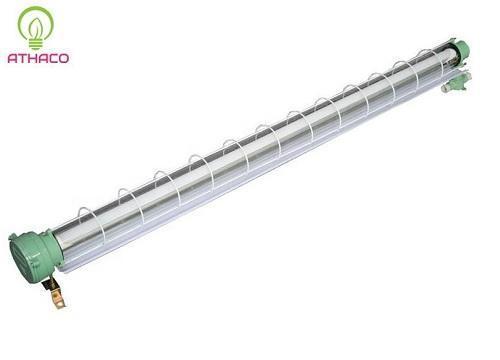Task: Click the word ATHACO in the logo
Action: (x=38, y=58)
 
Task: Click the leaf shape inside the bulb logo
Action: (x=36, y=28)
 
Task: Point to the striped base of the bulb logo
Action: (x=36, y=44)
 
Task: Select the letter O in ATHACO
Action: (x=63, y=58)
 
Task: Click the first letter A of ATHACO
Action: (x=13, y=58)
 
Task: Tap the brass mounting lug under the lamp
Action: (x=58, y=297)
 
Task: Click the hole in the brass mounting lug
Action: (x=59, y=301)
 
